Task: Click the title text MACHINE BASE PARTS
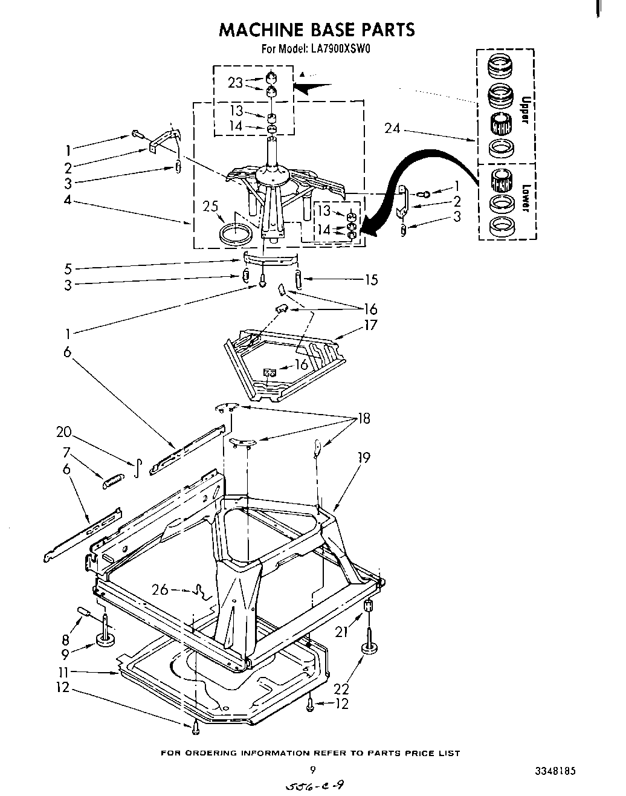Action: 317,29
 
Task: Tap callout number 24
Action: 393,129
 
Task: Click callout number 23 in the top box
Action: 235,83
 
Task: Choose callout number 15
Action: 371,279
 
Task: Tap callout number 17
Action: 370,325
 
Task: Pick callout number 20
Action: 63,432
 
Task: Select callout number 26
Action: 160,589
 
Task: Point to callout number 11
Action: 65,671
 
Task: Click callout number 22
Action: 341,689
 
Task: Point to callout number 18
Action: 364,418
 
